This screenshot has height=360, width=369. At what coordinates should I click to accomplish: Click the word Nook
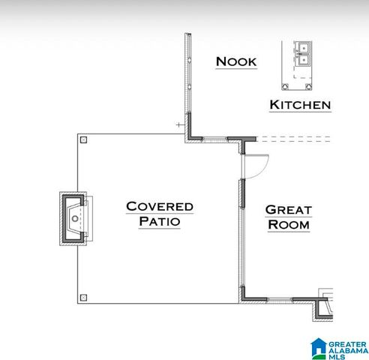coord(236,61)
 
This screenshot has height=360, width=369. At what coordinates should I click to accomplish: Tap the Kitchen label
coord(300,104)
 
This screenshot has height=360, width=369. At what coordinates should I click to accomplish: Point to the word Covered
coord(160,206)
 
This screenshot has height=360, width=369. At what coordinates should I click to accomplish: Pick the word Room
coord(289,224)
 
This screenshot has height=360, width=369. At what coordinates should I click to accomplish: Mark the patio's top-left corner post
coord(83,139)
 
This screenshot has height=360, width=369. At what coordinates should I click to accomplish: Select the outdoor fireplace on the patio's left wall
coord(73,218)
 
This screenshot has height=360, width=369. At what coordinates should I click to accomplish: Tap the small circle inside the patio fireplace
coord(75,219)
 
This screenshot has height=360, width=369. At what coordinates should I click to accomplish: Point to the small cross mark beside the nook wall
coord(178,124)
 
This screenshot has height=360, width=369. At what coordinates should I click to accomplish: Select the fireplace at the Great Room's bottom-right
coord(325,306)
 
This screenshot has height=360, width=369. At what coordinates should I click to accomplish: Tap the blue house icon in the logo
coord(319,346)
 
